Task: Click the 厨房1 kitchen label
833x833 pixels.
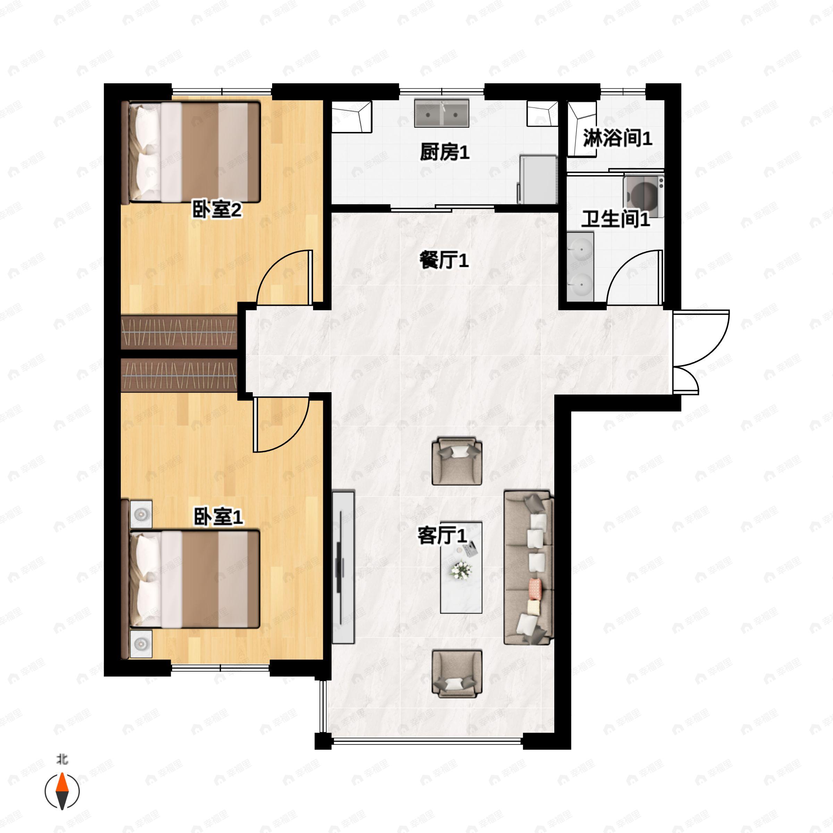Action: (445, 152)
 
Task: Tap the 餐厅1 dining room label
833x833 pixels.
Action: (444, 260)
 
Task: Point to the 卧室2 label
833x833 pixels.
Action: (217, 210)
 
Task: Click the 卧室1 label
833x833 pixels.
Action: (218, 516)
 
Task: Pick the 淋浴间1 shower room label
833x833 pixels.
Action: (618, 138)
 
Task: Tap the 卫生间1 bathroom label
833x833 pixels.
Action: (616, 219)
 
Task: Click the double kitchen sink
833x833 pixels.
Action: (441, 113)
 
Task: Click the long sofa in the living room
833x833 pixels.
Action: (529, 567)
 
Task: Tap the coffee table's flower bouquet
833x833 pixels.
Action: (461, 570)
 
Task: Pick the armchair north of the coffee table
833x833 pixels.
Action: (457, 461)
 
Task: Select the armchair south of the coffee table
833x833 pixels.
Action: (457, 673)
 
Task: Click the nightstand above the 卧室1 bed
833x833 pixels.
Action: (141, 514)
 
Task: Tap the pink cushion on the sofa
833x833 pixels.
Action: (535, 589)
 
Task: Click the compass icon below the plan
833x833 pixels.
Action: (62, 791)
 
